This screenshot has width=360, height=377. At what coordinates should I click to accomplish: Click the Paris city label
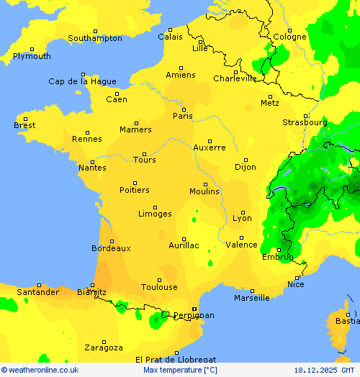point(183,116)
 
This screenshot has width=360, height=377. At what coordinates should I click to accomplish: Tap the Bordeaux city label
point(111,248)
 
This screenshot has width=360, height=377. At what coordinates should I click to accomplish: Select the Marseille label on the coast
point(251,298)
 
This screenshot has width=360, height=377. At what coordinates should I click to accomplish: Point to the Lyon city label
point(242,218)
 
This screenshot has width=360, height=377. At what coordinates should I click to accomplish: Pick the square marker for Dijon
point(245,160)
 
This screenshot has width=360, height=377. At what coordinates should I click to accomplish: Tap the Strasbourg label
point(304,123)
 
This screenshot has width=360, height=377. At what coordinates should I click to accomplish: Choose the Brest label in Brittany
point(24,126)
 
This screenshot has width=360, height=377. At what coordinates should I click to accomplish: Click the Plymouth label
point(32,56)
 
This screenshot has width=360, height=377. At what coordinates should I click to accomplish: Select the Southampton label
point(95,38)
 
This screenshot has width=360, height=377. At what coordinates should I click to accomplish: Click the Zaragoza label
point(104,348)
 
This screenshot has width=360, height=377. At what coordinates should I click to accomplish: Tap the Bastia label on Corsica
point(347,322)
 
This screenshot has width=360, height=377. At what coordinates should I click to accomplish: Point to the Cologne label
point(289,37)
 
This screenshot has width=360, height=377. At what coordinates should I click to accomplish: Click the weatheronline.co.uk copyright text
point(40,370)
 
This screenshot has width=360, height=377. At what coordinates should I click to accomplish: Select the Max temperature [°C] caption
point(180,370)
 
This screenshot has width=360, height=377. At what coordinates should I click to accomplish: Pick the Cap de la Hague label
point(81,82)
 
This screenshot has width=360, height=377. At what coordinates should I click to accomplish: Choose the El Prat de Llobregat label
point(176,359)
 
